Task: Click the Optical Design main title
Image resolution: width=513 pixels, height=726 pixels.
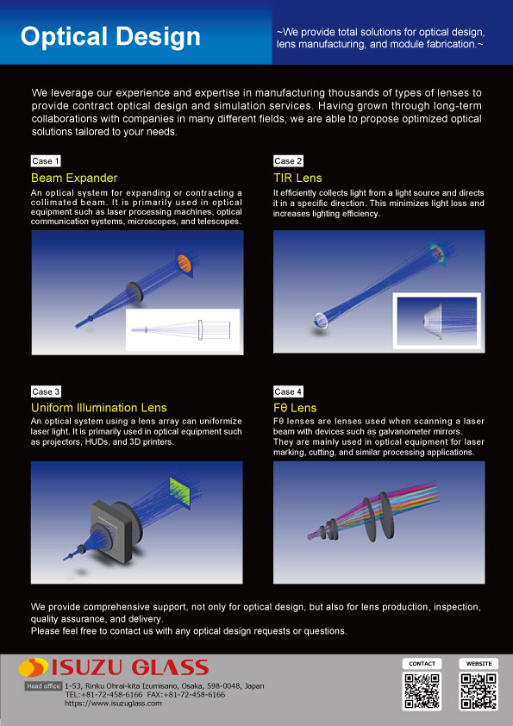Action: point(110,37)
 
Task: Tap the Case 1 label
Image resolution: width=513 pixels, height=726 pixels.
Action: point(46,161)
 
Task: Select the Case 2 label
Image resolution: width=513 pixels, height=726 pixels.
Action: point(288,161)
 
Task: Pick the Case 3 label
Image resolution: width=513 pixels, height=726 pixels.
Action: point(46,391)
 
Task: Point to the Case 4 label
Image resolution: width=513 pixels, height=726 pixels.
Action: point(288,391)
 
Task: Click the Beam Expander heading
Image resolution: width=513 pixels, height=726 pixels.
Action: point(74,178)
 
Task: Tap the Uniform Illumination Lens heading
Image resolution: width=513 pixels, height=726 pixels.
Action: point(99,407)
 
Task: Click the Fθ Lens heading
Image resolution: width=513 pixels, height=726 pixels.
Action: point(295,407)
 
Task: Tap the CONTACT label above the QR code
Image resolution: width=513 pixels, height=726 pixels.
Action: point(422,664)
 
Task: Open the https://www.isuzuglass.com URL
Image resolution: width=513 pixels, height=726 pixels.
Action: point(113,704)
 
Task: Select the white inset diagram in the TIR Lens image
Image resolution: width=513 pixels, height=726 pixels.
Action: point(434,321)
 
